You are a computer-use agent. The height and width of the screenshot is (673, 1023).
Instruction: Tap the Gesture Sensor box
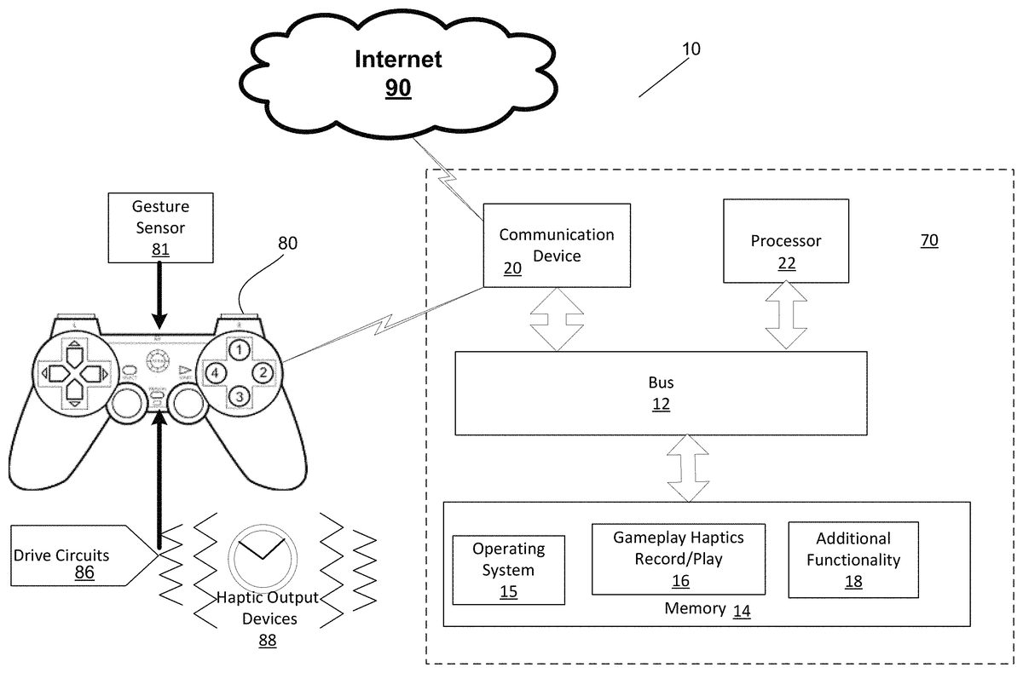(x=160, y=227)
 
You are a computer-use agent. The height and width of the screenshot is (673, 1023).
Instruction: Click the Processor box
(x=786, y=240)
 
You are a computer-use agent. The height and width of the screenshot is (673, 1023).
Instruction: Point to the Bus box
(x=661, y=393)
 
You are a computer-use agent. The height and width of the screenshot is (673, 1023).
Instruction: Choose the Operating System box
(x=509, y=569)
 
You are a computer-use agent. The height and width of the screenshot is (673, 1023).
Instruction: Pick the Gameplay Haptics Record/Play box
(x=679, y=559)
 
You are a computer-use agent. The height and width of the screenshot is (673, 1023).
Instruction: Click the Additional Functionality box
(x=853, y=559)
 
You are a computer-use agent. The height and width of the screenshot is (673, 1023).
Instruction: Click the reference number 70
(x=929, y=241)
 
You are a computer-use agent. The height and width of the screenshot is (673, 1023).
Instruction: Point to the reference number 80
(x=288, y=244)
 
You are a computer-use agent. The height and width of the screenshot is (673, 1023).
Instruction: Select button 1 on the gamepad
(x=241, y=349)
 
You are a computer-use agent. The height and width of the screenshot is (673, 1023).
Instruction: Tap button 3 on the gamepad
(x=241, y=395)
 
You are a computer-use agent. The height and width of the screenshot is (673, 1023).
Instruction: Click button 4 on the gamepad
(x=217, y=372)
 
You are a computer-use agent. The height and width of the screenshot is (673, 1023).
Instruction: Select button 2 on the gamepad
(x=264, y=372)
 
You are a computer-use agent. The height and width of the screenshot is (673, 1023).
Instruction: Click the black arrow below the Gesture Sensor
(x=160, y=295)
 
